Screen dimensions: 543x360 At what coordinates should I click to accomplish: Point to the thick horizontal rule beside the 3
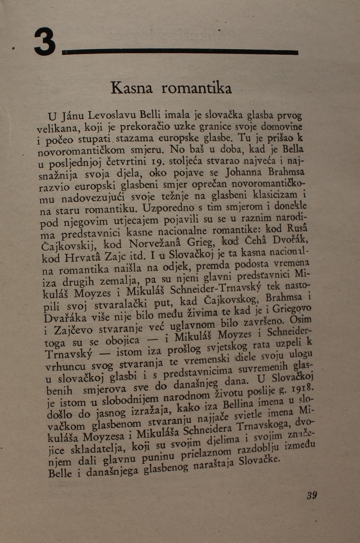180,52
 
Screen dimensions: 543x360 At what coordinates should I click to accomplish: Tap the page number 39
311,495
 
